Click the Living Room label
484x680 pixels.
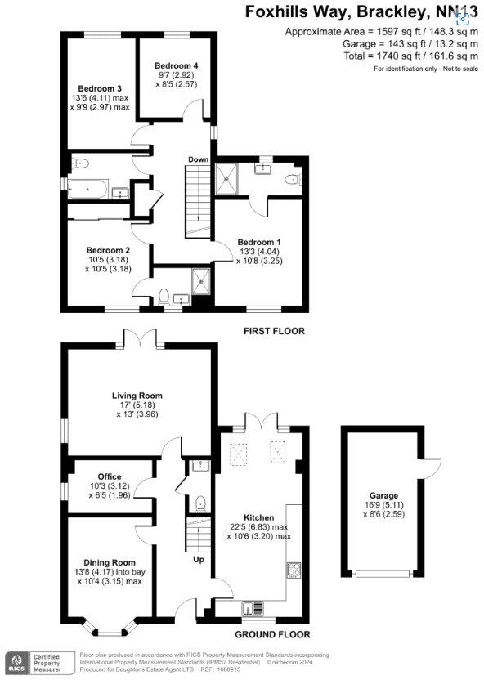click(x=135, y=396)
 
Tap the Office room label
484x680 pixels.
click(x=110, y=476)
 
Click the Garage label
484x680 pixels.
click(x=383, y=496)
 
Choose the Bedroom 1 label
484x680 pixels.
click(x=259, y=242)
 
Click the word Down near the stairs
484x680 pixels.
click(x=198, y=159)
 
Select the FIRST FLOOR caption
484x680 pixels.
click(x=274, y=331)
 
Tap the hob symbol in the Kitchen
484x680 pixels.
click(x=294, y=570)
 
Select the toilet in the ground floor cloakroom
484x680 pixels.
click(x=200, y=502)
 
